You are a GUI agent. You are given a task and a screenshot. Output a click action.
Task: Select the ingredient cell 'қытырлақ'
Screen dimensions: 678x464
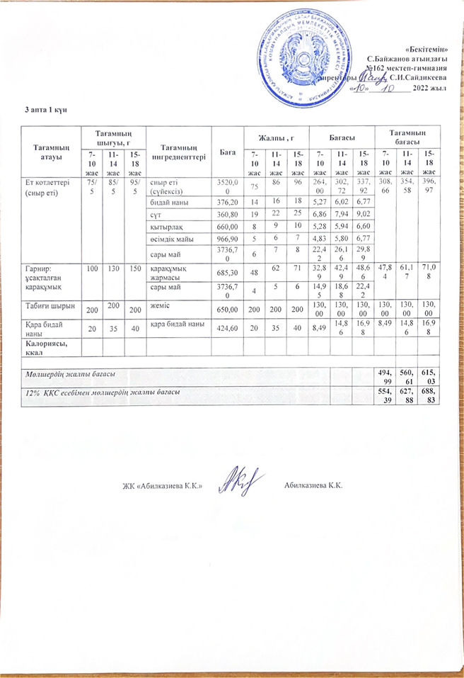pyautogui.click(x=163, y=227)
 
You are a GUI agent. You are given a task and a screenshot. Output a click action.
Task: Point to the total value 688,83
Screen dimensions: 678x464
pyautogui.click(x=429, y=395)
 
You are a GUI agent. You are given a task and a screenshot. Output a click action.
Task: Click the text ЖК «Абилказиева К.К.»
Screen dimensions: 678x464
pyautogui.click(x=163, y=486)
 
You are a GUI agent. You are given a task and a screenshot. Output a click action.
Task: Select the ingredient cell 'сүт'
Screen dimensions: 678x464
pyautogui.click(x=156, y=214)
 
